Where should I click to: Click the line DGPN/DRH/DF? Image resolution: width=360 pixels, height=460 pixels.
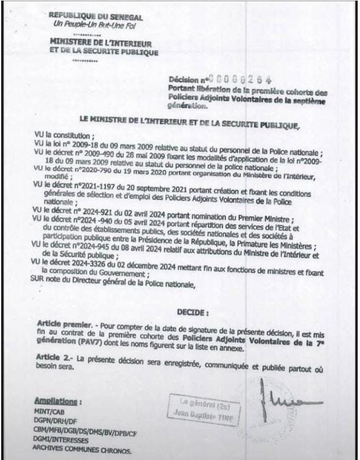click(x=57, y=421)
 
